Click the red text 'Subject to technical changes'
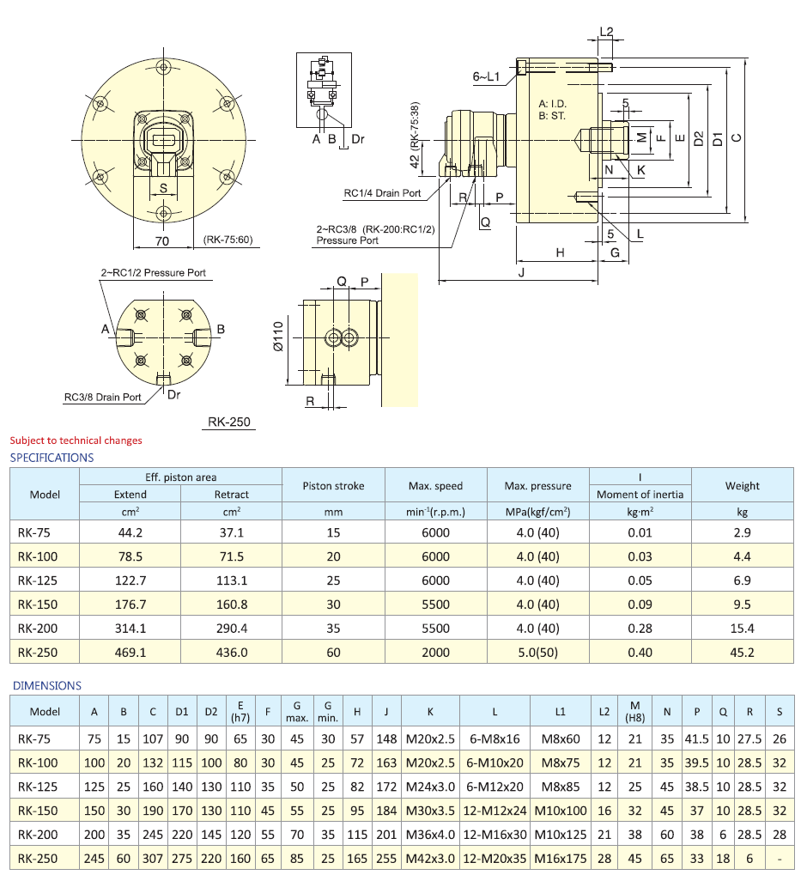pos(76,441)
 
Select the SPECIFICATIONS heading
pos(52,458)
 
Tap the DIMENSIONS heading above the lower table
pos(46,685)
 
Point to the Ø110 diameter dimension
pos(277,338)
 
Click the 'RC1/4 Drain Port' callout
pos(382,193)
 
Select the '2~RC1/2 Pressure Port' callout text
pos(153,273)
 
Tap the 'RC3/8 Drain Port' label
pos(102,398)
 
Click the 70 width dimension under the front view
pos(161,240)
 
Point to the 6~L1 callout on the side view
pos(486,77)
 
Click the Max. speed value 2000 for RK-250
pos(435,652)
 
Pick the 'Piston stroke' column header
pos(333,486)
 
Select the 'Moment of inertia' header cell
pos(640,495)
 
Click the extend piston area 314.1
pos(130,628)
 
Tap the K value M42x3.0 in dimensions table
pos(430,858)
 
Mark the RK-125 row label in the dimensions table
pos(38,786)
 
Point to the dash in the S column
pos(779,858)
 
